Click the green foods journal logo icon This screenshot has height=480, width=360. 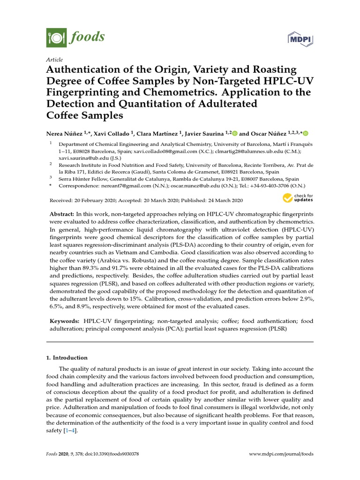(56, 37)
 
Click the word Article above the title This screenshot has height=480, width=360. (54, 60)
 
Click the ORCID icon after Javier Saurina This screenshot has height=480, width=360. (234, 133)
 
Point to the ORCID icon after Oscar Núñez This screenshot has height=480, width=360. (306, 133)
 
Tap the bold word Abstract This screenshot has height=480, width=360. (61, 213)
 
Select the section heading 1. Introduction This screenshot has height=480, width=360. (67, 358)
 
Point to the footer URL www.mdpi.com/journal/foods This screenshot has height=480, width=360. (281, 454)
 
